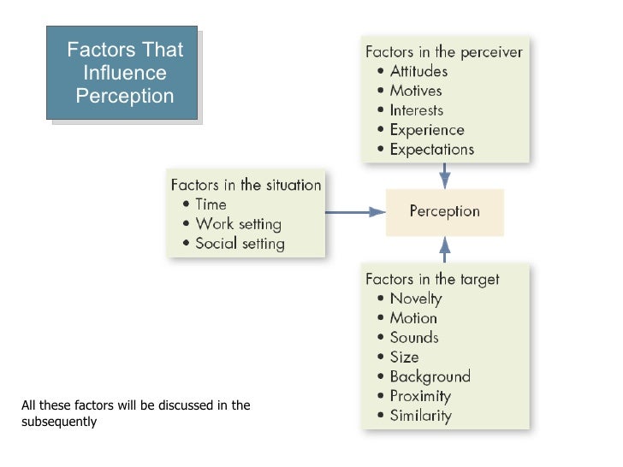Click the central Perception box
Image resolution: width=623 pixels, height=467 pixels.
coord(444,212)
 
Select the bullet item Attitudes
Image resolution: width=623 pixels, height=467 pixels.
coord(418,71)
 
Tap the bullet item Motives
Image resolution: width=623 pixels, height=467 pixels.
coord(415,91)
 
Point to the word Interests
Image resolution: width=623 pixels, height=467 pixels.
coord(417,110)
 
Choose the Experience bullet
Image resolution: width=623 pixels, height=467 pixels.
coord(427,130)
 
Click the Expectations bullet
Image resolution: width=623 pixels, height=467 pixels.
coord(431,150)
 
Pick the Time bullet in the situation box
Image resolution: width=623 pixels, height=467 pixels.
coord(211,204)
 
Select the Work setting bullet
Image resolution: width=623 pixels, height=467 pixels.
coord(238,224)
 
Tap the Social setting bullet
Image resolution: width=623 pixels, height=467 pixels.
coord(240,244)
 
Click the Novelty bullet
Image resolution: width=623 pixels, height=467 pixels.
coord(415,299)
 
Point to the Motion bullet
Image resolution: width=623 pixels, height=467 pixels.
coord(413,318)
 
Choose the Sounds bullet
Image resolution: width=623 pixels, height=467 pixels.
coord(414,338)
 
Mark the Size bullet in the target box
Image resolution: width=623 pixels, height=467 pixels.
coord(404,358)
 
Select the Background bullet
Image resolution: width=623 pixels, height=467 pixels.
coord(430,377)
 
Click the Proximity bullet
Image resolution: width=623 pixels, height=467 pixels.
coord(419,397)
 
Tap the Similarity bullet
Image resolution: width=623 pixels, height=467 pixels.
coord(420,417)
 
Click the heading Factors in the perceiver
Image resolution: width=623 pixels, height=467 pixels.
coord(444,51)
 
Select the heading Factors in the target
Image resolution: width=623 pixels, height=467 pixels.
coord(432,279)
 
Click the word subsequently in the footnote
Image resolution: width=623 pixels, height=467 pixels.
coord(59,422)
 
